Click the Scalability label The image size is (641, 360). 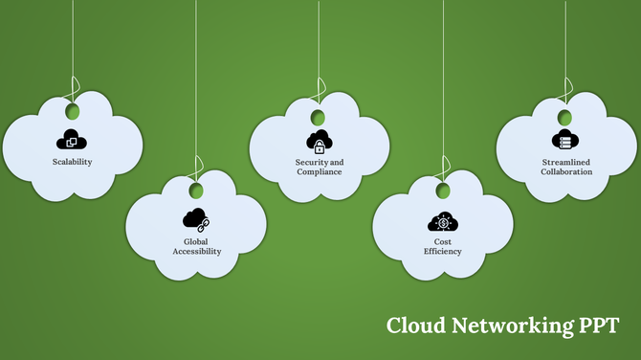click(x=73, y=162)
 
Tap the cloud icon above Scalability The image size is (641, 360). click(x=73, y=140)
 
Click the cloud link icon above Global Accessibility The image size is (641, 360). click(x=196, y=221)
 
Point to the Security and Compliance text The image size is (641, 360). click(x=320, y=167)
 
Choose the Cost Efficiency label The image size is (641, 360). click(x=442, y=247)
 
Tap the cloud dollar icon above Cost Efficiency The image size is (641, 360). click(x=442, y=223)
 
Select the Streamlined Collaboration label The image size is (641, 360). click(x=565, y=167)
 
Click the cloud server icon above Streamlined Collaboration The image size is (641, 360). click(x=564, y=140)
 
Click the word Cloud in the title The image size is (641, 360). click(x=414, y=326)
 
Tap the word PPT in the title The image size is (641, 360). click(x=598, y=326)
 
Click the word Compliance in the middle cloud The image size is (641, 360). click(x=320, y=171)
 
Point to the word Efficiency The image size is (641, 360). click(x=442, y=252)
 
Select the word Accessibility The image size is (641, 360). click(x=196, y=252)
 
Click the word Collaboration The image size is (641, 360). click(x=565, y=171)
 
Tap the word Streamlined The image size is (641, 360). click(x=565, y=162)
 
